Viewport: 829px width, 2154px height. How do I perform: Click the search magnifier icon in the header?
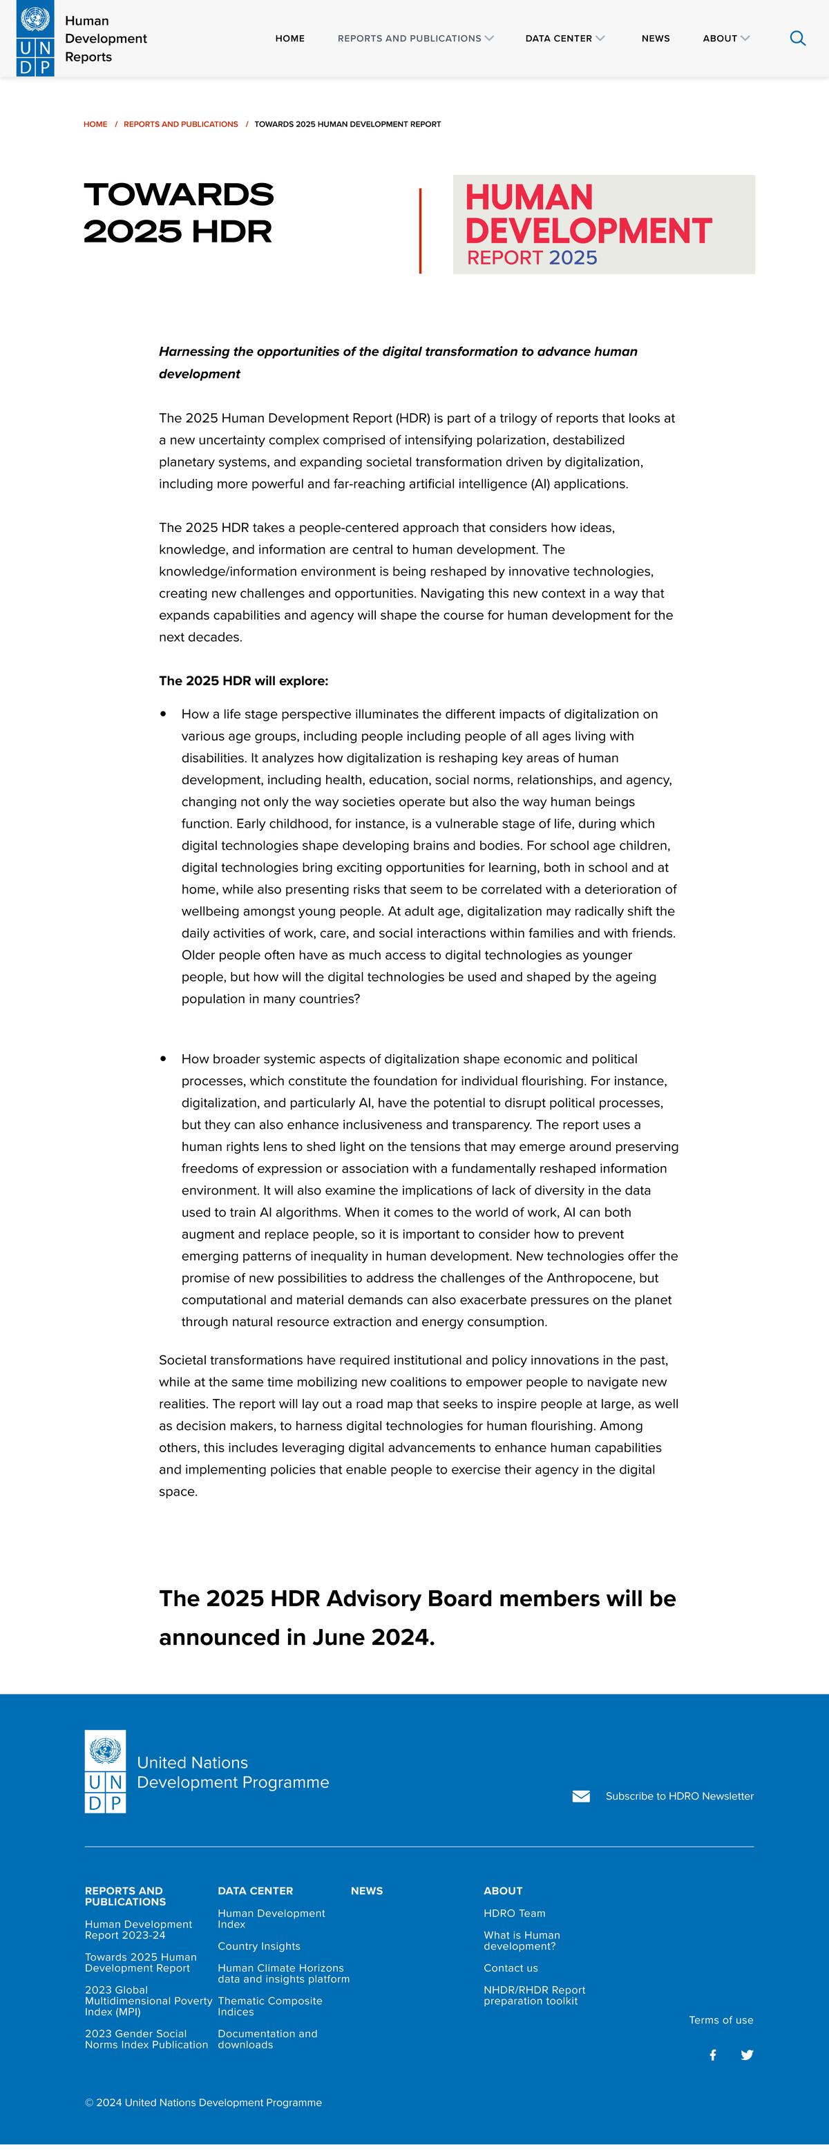click(x=797, y=39)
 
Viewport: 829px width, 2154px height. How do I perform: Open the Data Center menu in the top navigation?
click(x=564, y=39)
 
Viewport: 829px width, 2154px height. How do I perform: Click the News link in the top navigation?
click(x=655, y=39)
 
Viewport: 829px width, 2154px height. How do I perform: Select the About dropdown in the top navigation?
click(x=725, y=39)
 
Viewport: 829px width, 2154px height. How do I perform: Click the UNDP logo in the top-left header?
click(x=35, y=39)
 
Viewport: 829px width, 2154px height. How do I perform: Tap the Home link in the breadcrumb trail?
click(x=95, y=124)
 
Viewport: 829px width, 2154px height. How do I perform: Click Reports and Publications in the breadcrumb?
click(x=181, y=124)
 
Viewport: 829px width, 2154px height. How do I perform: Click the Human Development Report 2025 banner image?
click(x=603, y=224)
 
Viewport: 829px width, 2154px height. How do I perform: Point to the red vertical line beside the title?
click(x=420, y=231)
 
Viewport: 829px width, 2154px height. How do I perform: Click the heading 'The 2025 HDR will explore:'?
click(x=243, y=680)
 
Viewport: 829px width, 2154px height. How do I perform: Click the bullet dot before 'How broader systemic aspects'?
click(x=163, y=1058)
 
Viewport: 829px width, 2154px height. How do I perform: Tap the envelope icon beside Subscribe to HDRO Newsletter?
click(x=580, y=1796)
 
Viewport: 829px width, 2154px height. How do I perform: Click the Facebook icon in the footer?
click(x=713, y=2055)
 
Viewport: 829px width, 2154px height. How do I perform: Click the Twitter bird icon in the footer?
click(x=747, y=2055)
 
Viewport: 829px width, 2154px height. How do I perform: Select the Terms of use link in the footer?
click(x=721, y=2019)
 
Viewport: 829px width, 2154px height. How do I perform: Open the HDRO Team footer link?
click(x=513, y=1913)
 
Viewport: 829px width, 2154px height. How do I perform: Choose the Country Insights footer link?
click(x=258, y=1946)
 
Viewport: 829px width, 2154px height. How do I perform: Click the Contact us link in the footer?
click(x=511, y=1967)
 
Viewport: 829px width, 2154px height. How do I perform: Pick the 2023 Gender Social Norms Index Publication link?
click(x=146, y=2039)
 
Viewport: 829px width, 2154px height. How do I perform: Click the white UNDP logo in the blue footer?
click(x=106, y=1771)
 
